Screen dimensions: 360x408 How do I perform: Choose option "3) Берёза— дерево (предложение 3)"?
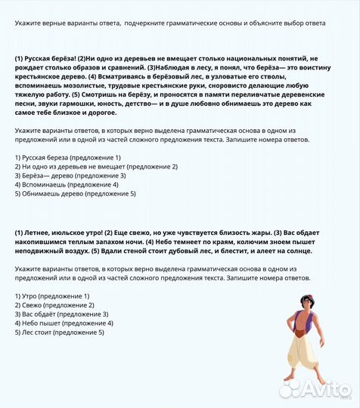coord(67,175)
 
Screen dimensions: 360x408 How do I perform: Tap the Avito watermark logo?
coord(318,389)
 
